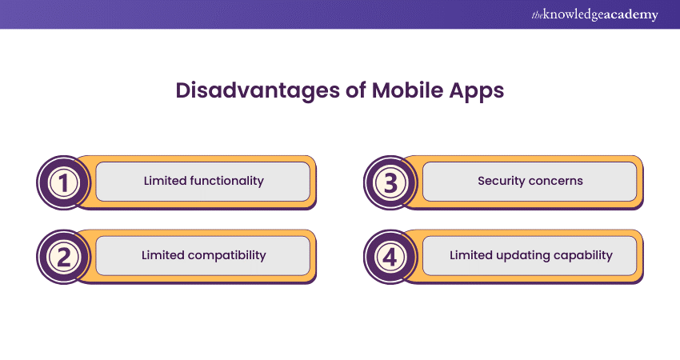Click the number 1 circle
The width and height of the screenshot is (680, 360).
[63, 182]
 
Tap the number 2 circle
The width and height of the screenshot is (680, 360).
[63, 257]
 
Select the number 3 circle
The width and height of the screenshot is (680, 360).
[390, 182]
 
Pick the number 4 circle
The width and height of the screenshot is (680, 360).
[390, 257]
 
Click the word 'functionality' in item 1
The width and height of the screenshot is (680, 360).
[226, 181]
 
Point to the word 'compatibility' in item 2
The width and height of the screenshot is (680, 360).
[226, 255]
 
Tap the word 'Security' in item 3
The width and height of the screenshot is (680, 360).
[501, 181]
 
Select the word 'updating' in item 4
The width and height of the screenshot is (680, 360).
[518, 255]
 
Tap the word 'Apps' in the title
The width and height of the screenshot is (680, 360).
[477, 90]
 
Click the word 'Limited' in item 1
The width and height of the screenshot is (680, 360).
[165, 181]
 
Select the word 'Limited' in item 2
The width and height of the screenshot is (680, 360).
[163, 255]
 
